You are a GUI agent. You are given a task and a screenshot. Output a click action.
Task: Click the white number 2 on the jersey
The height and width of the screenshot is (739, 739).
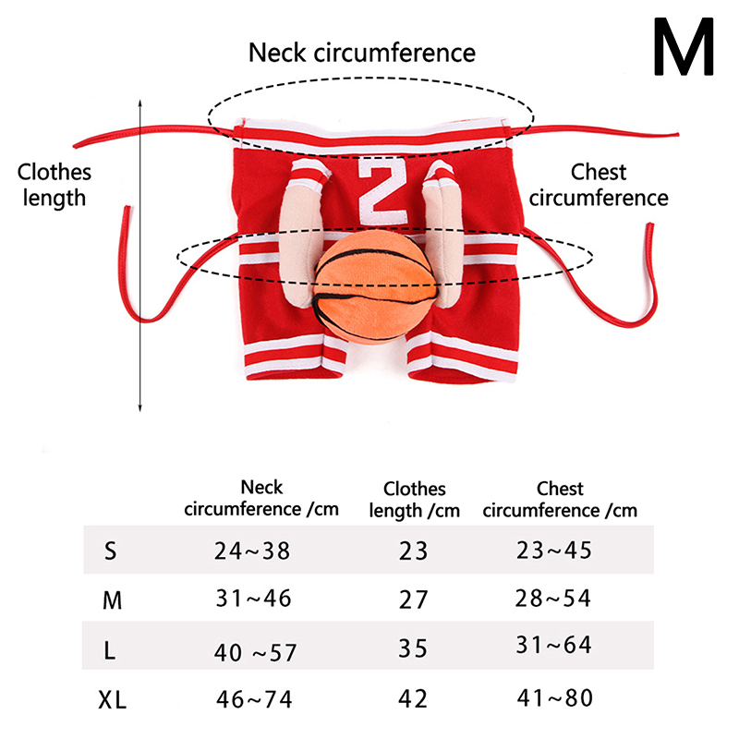379,190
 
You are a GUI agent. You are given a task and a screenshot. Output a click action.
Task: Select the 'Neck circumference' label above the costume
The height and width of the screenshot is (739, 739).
362,53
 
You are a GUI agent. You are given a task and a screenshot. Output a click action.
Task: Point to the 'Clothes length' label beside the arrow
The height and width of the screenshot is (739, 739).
55,184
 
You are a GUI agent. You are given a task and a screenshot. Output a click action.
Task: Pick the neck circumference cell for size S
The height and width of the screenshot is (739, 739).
252,551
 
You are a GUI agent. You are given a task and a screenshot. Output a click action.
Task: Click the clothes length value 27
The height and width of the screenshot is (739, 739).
413,599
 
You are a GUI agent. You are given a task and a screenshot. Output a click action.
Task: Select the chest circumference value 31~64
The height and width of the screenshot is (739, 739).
554,646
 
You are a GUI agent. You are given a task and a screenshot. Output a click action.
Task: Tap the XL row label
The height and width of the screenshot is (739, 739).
113,700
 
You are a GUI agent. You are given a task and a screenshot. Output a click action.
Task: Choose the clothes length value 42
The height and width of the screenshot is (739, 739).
413,698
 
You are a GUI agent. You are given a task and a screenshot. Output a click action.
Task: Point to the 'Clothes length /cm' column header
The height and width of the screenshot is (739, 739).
414,499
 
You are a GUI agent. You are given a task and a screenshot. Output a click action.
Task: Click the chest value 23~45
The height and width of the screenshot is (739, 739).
554,551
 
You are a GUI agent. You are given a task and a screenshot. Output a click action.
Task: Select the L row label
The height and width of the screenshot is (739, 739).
110,651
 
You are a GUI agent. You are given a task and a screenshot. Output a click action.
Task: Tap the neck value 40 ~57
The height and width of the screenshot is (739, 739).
255,652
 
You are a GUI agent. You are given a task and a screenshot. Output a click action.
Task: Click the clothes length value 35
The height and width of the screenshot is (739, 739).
413,647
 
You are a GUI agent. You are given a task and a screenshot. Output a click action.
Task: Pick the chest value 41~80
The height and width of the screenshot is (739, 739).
554,698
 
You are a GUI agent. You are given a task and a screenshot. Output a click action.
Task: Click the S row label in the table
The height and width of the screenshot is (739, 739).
111,552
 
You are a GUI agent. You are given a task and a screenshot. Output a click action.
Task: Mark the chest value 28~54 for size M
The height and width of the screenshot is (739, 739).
552,599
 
